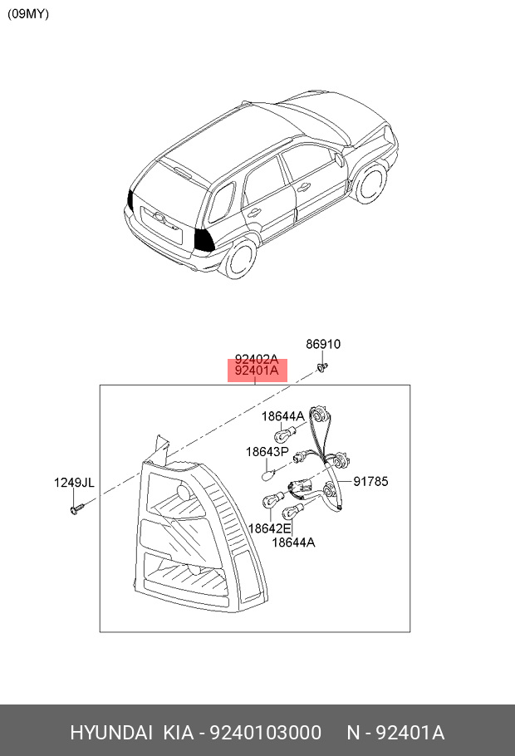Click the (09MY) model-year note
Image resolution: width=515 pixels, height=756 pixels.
click(28, 13)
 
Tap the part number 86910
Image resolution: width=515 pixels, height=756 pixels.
click(323, 344)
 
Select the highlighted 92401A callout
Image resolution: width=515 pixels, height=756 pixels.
click(257, 371)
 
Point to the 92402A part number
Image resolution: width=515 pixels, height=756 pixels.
click(257, 359)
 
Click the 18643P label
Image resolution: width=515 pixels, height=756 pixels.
click(267, 452)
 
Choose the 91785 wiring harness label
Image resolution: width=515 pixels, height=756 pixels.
click(370, 481)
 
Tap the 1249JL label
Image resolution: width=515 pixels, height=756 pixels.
click(74, 483)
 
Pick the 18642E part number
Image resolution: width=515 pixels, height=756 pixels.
click(270, 528)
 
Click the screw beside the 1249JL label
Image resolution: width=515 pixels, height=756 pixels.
click(76, 508)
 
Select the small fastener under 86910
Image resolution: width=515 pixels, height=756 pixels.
click(322, 367)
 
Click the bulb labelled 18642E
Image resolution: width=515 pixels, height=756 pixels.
click(271, 500)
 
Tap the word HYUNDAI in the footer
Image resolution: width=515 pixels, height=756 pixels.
click(111, 733)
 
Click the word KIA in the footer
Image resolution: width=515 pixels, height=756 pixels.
click(179, 733)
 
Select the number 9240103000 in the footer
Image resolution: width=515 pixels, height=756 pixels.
click(265, 733)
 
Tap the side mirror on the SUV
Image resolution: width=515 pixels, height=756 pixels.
click(339, 160)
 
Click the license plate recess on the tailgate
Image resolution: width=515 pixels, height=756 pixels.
click(161, 224)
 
